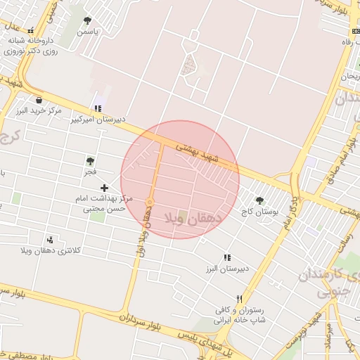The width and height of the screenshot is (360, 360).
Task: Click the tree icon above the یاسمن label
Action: click(87, 20)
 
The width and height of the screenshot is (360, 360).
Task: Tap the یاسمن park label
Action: click(88, 32)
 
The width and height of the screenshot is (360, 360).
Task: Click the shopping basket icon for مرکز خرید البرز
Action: click(38, 100)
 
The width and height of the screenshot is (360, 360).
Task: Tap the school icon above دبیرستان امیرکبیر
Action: click(98, 108)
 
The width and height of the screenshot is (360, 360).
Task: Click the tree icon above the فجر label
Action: click(90, 160)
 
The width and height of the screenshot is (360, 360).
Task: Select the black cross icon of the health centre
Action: click(105, 188)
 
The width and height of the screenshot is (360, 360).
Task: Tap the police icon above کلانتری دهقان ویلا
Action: click(49, 240)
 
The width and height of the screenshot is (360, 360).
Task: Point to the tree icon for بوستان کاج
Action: click(260, 200)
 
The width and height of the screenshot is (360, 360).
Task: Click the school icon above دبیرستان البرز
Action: click(227, 258)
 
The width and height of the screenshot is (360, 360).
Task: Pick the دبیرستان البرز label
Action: click(228, 269)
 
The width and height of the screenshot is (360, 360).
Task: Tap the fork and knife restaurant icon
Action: click(240, 299)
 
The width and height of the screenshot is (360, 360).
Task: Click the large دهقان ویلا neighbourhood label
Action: click(193, 219)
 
